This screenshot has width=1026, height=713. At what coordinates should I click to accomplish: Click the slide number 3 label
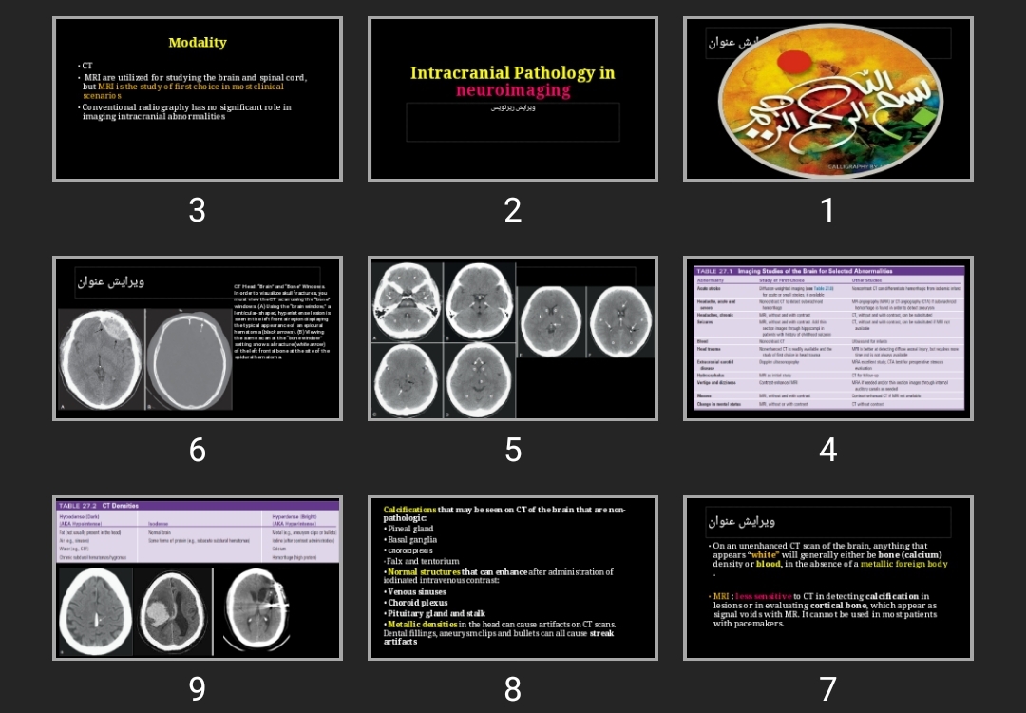[197, 210]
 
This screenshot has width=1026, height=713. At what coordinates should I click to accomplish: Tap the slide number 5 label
[513, 450]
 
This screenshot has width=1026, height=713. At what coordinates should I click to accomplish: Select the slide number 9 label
[197, 689]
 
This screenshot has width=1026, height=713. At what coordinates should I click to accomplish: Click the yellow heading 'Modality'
[198, 43]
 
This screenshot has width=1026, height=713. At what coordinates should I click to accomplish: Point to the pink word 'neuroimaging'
[513, 91]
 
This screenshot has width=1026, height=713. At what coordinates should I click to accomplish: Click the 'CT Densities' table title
[120, 506]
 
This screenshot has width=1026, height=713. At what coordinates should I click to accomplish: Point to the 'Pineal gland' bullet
[410, 529]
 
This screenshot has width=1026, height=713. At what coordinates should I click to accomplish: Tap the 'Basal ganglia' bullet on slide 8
[412, 539]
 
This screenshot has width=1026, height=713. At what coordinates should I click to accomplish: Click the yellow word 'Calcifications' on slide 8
[409, 510]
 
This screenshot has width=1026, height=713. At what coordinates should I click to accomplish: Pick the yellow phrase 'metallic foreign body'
[903, 564]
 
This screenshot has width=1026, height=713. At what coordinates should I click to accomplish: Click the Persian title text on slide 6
[111, 282]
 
